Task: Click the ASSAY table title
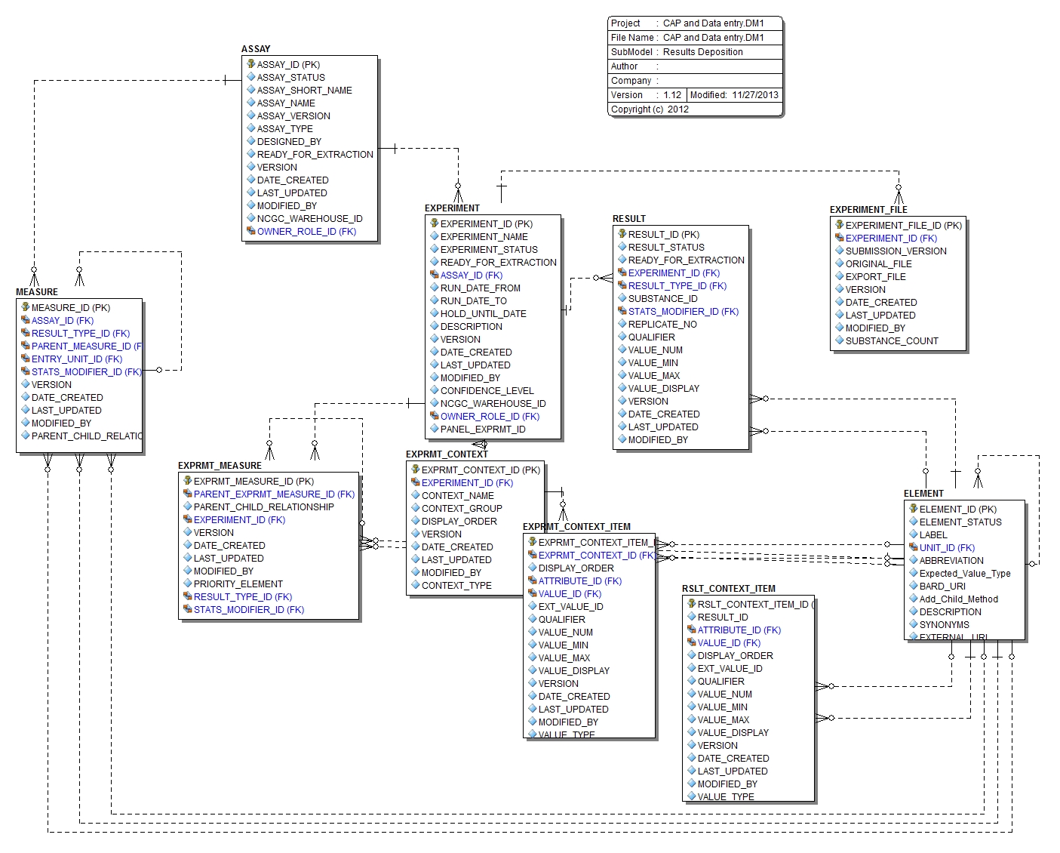(256, 48)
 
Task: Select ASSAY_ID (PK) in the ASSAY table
(288, 65)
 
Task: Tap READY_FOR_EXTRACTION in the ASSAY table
(315, 155)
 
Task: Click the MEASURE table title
(37, 292)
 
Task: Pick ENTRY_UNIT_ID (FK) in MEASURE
(76, 359)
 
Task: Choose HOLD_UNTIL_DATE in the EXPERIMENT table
(483, 314)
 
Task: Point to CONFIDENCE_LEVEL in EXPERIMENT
(487, 391)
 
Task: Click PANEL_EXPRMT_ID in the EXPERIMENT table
(483, 430)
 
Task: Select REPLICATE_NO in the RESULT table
(662, 325)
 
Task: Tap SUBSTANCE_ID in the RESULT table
(662, 299)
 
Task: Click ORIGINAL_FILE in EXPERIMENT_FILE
(878, 264)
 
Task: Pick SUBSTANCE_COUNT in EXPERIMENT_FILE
(892, 341)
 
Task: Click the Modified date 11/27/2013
(754, 95)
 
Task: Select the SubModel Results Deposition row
(694, 52)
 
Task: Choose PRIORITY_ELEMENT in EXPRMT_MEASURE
(238, 584)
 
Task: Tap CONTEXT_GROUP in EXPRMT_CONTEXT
(462, 509)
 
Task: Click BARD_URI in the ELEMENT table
(942, 587)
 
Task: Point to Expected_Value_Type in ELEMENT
(964, 574)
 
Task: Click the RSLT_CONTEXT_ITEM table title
(728, 589)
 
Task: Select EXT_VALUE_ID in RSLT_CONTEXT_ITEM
(730, 669)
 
